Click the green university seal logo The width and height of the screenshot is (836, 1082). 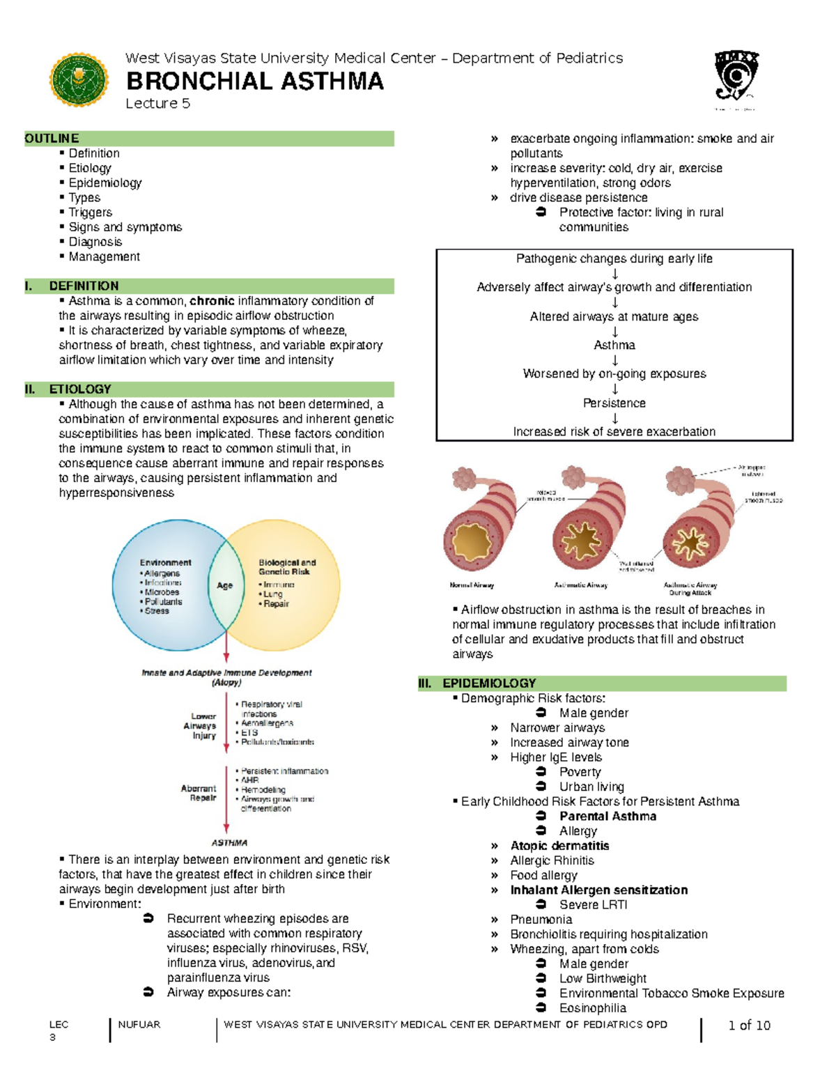coord(79,80)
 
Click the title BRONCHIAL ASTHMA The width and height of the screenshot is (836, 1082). coord(254,82)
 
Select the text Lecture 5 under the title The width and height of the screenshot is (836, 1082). coord(157,104)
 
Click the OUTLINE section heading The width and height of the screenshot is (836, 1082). coord(52,139)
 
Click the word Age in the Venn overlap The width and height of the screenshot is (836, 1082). coord(224,585)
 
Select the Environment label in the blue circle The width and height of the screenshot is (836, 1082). coord(165,562)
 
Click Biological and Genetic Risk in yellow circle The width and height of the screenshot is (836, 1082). coord(287,567)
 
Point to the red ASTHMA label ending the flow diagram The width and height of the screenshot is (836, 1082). coord(229,842)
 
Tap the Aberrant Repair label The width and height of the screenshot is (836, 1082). coord(199,793)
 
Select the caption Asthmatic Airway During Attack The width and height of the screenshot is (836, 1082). coord(690,589)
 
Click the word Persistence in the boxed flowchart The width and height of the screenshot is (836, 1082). coord(614,403)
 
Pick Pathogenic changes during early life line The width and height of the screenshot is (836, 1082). coord(614,258)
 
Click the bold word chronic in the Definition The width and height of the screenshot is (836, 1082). coord(212,301)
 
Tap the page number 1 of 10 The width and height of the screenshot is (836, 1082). coord(749,1025)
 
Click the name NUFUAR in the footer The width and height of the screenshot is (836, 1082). coord(139,1024)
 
